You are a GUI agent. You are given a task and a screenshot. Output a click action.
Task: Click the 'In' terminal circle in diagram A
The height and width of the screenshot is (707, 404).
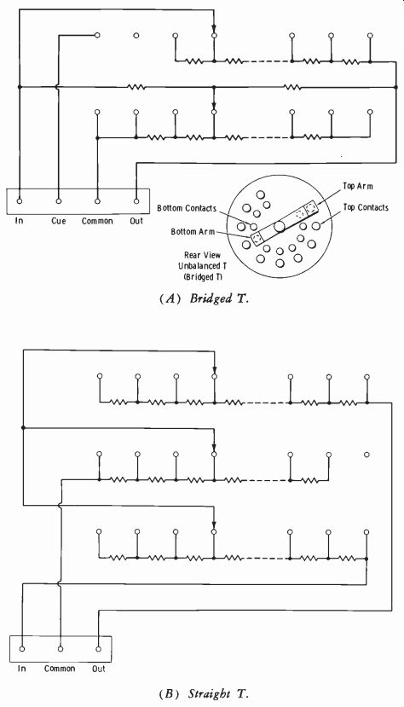[x=20, y=201]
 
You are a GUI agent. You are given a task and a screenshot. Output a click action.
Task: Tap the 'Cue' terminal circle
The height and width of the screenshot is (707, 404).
[x=58, y=201]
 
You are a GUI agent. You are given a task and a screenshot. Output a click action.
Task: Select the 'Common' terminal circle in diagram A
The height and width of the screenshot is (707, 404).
[x=97, y=201]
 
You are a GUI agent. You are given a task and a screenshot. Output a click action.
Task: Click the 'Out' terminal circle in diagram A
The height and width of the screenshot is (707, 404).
[x=136, y=201]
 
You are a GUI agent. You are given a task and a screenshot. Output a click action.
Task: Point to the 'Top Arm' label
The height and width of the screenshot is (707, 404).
[x=358, y=186]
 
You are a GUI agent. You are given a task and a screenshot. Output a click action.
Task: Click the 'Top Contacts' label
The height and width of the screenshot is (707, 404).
[x=366, y=207]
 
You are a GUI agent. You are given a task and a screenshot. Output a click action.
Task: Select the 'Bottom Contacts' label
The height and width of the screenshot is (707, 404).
[x=187, y=208]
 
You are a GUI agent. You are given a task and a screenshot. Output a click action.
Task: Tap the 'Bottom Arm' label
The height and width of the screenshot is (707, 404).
[x=193, y=232]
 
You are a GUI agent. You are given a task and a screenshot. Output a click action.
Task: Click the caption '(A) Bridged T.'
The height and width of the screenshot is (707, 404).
[x=204, y=299]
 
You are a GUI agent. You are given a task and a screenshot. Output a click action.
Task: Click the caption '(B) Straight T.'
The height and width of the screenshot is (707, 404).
[x=204, y=693]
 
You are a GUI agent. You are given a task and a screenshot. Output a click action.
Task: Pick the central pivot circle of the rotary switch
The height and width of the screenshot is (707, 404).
[x=280, y=227]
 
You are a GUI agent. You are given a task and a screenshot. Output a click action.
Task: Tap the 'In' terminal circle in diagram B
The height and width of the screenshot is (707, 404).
[x=21, y=649]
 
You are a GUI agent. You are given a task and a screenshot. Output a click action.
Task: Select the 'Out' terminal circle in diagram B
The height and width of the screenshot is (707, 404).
[x=99, y=649]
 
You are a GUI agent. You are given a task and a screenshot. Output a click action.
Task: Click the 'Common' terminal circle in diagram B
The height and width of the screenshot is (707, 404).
[x=61, y=649]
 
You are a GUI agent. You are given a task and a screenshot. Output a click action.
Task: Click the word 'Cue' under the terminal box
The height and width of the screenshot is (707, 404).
[x=59, y=221]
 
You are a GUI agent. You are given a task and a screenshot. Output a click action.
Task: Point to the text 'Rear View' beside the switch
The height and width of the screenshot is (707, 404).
[x=202, y=255]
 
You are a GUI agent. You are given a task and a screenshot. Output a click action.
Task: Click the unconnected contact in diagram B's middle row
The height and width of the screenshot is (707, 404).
[x=366, y=455]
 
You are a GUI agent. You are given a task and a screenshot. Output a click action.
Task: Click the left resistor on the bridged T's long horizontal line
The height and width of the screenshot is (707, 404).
[x=136, y=86]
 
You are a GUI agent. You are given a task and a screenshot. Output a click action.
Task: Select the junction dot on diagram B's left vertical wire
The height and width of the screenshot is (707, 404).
[x=23, y=427]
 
